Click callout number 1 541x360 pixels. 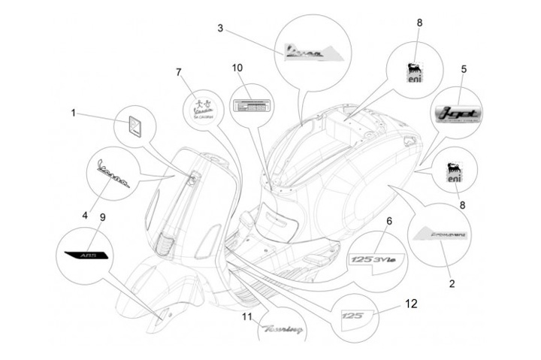click(x=74, y=113)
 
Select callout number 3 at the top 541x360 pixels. click(x=219, y=29)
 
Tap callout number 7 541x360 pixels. click(x=179, y=72)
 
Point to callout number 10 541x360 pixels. click(x=237, y=68)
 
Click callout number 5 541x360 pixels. click(x=464, y=69)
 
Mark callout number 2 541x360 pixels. click(x=451, y=284)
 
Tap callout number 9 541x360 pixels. click(x=102, y=217)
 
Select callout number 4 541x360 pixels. click(x=85, y=215)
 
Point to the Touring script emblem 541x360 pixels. click(x=282, y=329)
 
